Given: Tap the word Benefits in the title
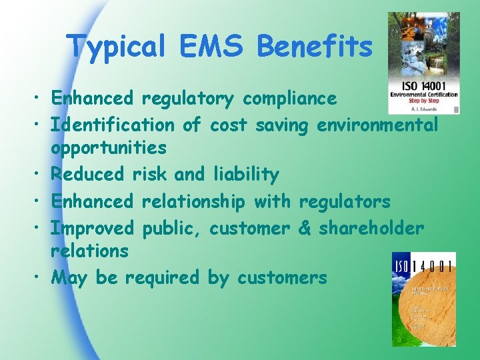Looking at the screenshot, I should [315, 47].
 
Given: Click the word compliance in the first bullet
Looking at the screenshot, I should [290, 99].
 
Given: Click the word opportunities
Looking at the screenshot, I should [108, 147].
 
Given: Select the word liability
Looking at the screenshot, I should [245, 175].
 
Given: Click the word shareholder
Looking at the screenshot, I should [371, 228].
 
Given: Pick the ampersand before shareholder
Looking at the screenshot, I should [305, 228].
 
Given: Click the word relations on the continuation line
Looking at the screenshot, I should [90, 251].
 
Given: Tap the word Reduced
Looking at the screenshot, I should [88, 175].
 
